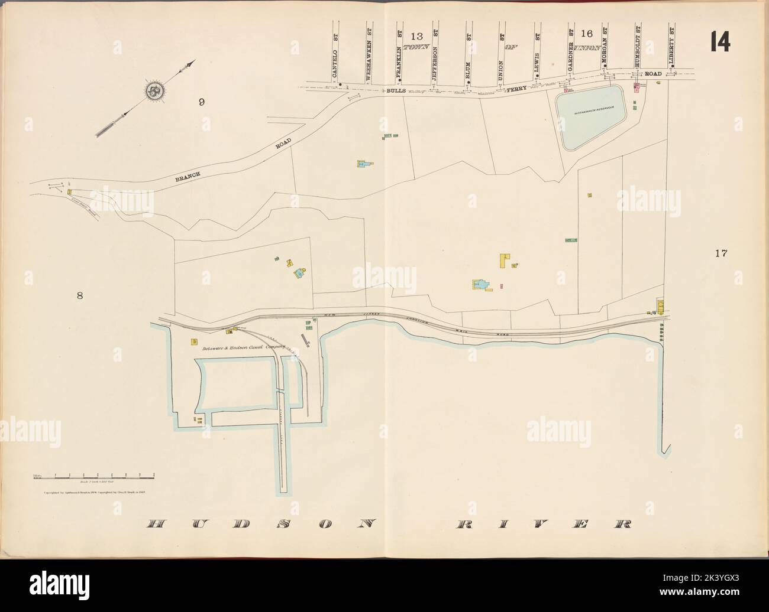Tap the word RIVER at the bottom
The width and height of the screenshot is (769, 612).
click(x=543, y=524)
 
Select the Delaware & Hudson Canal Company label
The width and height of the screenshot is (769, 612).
click(x=244, y=349)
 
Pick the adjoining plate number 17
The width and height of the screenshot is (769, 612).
click(x=720, y=254)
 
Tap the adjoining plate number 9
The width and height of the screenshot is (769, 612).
click(x=202, y=102)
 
